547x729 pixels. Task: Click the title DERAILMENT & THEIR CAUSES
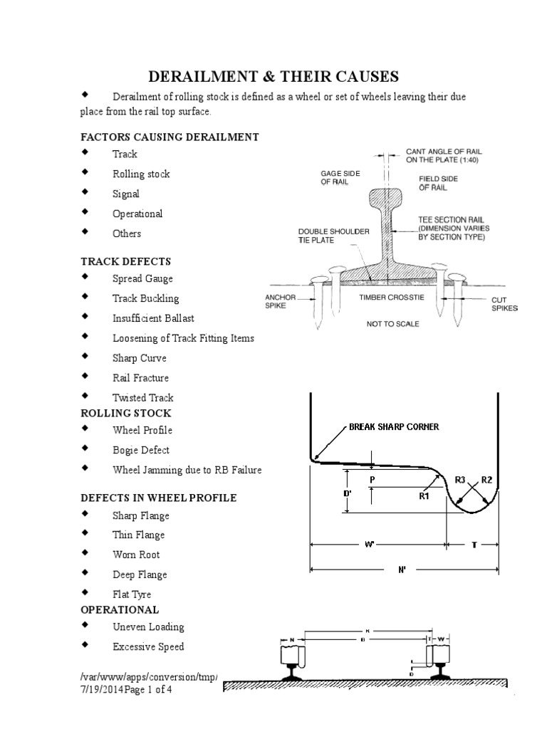click(x=273, y=76)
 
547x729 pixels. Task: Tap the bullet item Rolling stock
click(x=141, y=174)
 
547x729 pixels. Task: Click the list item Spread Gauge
click(x=142, y=278)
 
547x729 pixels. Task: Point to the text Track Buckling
click(x=145, y=298)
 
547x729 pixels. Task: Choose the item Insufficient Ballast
click(x=153, y=318)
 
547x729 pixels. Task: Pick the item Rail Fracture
click(x=140, y=378)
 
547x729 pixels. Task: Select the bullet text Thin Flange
click(x=138, y=535)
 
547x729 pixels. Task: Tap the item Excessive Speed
click(x=148, y=646)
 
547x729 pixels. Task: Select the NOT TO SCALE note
click(x=392, y=324)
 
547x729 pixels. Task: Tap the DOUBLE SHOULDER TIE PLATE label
click(x=323, y=236)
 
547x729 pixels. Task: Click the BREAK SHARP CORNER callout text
click(x=394, y=426)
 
